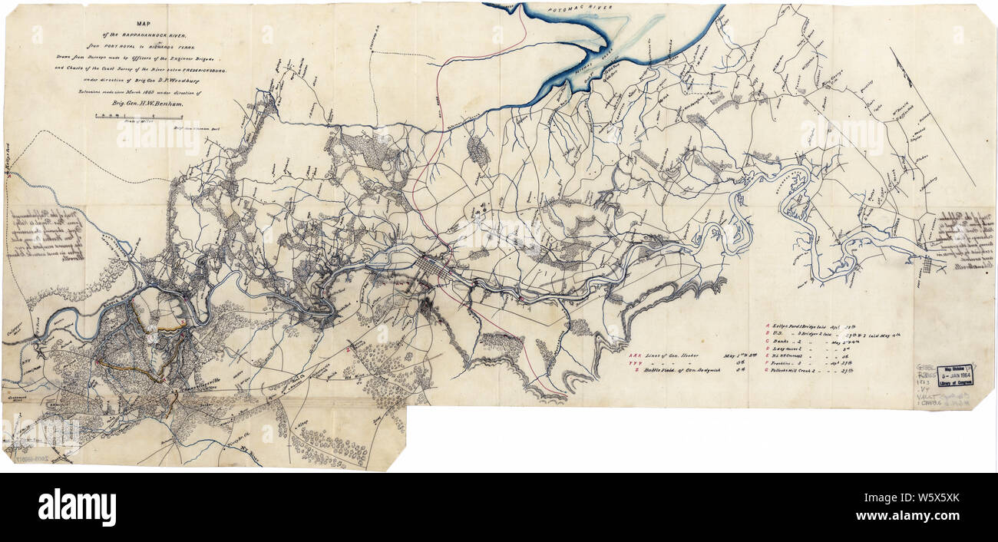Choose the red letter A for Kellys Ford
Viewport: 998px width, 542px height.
[766, 325]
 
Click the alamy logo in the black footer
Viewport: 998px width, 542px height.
[77, 507]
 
